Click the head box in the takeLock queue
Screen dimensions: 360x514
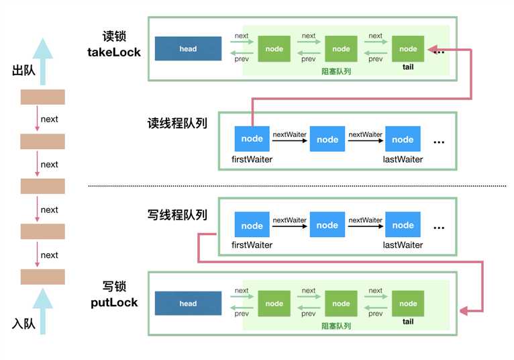[x=188, y=49]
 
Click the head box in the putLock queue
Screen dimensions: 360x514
[x=188, y=304]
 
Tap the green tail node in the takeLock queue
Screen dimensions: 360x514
[x=408, y=49]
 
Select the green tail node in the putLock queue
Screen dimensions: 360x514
[x=408, y=304]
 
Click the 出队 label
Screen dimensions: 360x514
[x=23, y=71]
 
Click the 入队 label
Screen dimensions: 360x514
[x=23, y=324]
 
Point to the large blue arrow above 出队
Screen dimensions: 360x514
[x=42, y=59]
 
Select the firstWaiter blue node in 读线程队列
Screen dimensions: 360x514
[x=252, y=138]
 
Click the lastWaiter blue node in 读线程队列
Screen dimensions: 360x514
[x=403, y=139]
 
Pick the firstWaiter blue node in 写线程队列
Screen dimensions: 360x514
[x=252, y=226]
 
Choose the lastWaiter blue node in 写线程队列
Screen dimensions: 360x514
[x=403, y=226]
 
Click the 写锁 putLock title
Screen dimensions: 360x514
[x=114, y=295]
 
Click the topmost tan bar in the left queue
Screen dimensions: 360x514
[x=42, y=97]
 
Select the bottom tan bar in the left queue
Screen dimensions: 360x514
[x=42, y=277]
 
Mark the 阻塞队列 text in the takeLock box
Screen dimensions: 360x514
[x=337, y=71]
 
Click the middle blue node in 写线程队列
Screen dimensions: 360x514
[x=327, y=226]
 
